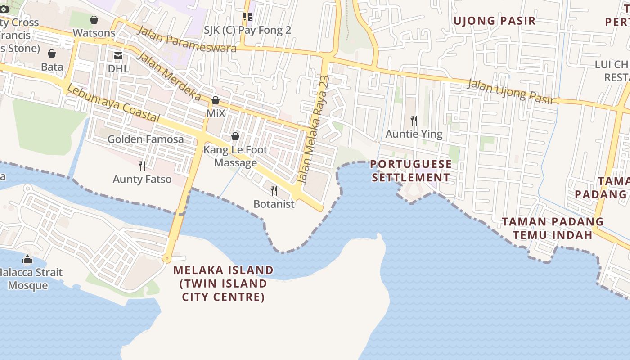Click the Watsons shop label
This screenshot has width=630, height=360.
click(x=94, y=33)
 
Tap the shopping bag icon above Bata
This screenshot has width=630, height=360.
click(x=52, y=54)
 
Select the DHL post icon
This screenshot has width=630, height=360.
click(x=118, y=56)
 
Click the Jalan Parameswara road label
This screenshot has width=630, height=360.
click(x=186, y=39)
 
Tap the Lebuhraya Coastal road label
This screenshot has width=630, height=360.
click(x=113, y=103)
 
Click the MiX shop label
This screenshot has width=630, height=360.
click(x=216, y=113)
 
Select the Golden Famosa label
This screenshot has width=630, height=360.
click(x=145, y=139)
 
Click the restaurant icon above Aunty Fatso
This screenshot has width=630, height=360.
click(x=142, y=166)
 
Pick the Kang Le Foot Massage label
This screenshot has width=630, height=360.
click(x=235, y=156)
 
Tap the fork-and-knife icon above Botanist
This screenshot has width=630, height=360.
click(x=274, y=191)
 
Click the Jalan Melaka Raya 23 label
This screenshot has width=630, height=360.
click(x=314, y=130)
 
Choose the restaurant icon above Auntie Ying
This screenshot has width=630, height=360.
click(x=414, y=121)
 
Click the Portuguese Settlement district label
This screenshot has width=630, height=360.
click(x=411, y=171)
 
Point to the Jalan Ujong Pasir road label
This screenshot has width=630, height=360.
click(x=510, y=92)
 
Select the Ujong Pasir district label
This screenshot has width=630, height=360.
click(x=495, y=21)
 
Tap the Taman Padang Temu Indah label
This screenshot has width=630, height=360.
click(x=553, y=228)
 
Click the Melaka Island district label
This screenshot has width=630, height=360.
click(x=224, y=283)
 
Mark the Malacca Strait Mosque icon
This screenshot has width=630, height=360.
click(x=27, y=260)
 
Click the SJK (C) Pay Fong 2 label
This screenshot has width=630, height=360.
click(x=247, y=30)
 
